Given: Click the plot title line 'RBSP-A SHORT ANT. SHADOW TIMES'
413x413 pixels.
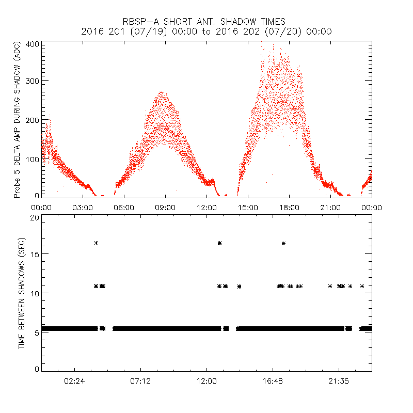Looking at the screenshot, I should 206,21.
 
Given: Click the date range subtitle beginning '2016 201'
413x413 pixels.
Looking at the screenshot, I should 206,31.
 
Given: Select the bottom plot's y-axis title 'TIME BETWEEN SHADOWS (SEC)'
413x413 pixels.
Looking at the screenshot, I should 22,293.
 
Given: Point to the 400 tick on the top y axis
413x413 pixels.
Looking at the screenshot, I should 33,44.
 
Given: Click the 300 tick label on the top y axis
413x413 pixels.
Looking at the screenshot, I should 33,81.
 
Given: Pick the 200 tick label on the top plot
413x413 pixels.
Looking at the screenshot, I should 33,119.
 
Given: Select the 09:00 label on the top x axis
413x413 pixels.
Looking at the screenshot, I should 165,207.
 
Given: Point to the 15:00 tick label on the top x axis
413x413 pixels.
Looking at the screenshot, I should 248,207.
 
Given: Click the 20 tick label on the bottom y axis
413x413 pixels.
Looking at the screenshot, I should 35,217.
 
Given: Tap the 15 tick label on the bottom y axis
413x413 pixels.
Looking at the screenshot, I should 35,254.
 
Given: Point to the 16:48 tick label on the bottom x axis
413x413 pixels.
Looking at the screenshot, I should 273,380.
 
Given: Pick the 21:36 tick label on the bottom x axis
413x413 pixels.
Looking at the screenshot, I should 339,380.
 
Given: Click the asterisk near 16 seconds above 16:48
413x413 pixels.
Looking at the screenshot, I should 283,243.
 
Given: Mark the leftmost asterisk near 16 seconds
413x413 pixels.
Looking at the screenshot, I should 96,243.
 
